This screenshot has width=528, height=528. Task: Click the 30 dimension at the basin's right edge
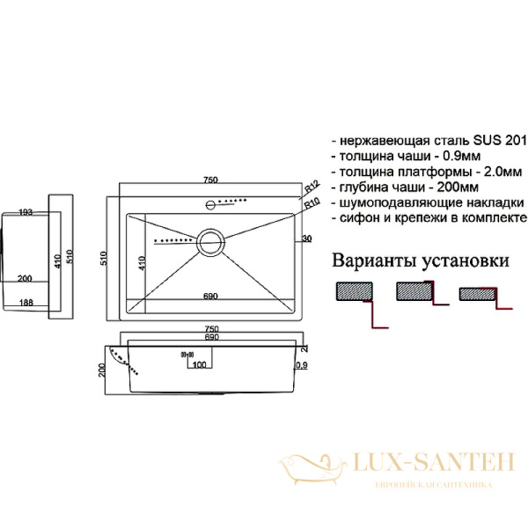306,238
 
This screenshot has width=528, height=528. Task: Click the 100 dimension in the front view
199,364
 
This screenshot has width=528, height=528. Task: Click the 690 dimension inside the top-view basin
211,297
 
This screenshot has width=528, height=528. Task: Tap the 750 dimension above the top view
210,180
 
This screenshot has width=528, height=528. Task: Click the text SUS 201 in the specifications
501,141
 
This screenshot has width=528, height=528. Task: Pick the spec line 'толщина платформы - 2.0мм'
427,172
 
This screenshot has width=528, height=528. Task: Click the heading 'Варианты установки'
420,260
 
